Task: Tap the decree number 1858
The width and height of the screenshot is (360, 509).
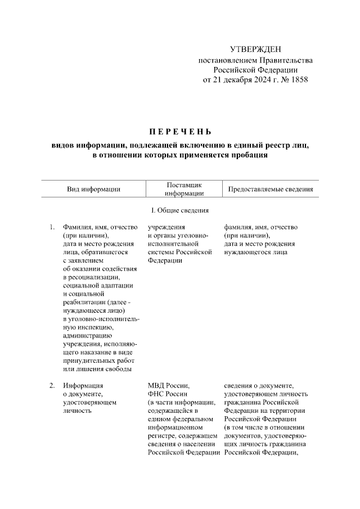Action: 298,79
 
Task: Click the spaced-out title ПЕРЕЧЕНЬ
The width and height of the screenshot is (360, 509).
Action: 179,132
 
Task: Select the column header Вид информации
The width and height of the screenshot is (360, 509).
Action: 94,190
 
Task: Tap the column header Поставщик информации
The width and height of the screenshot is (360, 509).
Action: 184,189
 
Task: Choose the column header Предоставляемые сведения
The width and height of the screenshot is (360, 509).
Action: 270,190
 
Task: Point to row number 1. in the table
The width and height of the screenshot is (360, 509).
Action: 52,227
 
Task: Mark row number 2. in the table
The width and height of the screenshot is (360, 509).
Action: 52,386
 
